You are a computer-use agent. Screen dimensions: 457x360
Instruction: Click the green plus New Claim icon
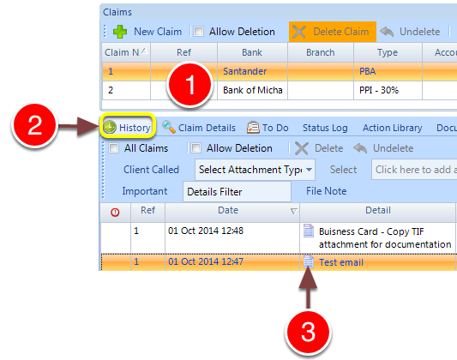[120, 32]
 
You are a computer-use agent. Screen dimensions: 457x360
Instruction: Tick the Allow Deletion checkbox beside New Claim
[198, 32]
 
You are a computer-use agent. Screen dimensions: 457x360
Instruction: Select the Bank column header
[252, 52]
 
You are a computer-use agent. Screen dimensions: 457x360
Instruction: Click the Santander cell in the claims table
[245, 71]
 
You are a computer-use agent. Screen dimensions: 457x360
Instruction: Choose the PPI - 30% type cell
[379, 90]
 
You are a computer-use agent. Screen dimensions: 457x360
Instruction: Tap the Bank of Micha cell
[253, 90]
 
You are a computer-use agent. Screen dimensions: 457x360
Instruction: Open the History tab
[128, 128]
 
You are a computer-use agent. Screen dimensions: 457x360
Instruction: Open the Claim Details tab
[199, 128]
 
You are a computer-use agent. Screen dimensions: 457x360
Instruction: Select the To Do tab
[268, 128]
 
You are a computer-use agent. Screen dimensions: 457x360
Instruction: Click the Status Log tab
[325, 128]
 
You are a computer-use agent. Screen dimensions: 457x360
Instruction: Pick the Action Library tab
[393, 128]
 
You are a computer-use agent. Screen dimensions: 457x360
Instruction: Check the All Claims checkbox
[113, 148]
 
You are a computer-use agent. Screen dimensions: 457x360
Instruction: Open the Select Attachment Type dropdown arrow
[309, 170]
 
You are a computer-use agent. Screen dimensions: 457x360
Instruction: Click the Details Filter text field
[237, 192]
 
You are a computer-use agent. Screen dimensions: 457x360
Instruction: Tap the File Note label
[326, 191]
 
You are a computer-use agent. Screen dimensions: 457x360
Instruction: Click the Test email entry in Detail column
[341, 262]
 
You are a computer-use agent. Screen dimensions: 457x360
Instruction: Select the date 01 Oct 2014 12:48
[206, 231]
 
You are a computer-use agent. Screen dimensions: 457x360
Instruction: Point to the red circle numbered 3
[308, 333]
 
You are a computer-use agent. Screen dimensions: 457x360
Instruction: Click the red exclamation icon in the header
[115, 213]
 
